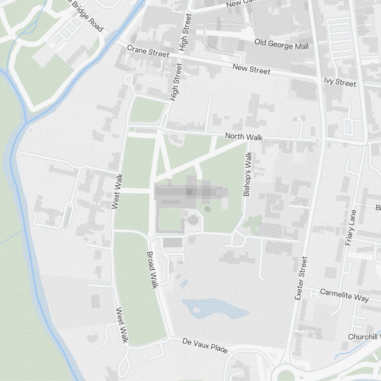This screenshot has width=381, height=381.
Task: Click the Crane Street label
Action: coord(148,51)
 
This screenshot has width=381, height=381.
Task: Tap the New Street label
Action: coord(251,69)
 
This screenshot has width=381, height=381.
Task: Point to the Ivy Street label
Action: coord(340,82)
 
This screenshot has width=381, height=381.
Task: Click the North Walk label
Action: coord(243,136)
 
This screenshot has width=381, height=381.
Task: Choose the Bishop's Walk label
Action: coord(248,174)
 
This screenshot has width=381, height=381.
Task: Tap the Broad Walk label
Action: coord(152,270)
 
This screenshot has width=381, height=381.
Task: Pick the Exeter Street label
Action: coord(301,278)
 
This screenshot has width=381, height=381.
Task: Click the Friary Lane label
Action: coord(351,227)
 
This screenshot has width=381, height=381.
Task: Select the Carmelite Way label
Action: coord(344,295)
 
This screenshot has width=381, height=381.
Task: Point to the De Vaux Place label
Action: coord(205,345)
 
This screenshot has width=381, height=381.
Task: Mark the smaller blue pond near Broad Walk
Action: coord(184,283)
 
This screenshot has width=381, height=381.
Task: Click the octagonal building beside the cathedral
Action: coord(193,219)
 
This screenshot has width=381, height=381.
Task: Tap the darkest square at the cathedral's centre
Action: coord(189,192)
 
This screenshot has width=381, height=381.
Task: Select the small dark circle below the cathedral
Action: coord(208,209)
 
